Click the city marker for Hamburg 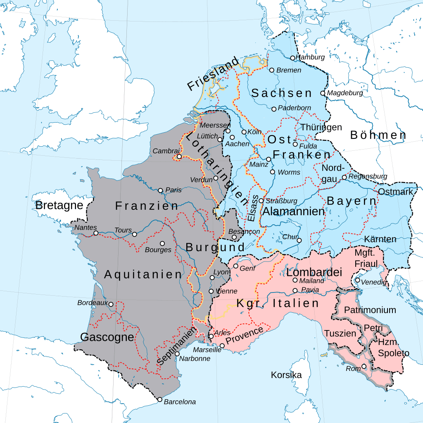(292, 58)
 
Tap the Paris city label (173, 190)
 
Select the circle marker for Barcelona (160, 399)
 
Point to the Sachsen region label (282, 93)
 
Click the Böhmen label (378, 135)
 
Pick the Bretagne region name (59, 205)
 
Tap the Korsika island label (286, 375)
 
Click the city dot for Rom (364, 366)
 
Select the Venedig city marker (357, 280)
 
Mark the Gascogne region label (107, 337)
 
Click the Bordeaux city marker (111, 304)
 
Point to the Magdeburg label (345, 93)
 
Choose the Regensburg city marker (344, 177)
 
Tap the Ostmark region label (395, 192)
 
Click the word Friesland (213, 74)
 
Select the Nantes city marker (96, 233)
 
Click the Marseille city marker (222, 345)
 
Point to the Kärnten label (380, 239)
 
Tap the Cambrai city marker (179, 157)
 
